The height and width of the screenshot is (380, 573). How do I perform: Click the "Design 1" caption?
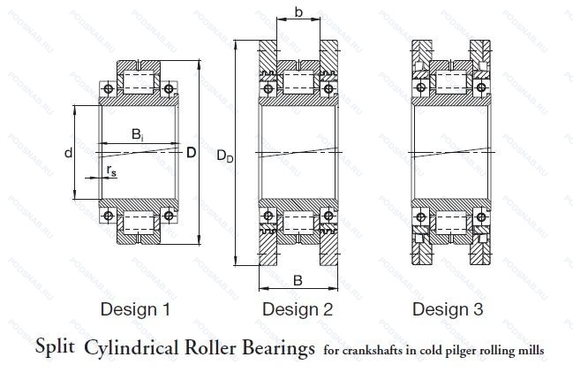[x=135, y=309]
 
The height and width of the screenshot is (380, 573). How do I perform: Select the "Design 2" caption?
[x=298, y=309]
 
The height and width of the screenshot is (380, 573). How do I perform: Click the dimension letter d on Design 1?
[x=68, y=153]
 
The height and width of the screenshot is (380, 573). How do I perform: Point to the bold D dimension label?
[x=191, y=152]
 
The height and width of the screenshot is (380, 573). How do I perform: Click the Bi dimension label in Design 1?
[x=139, y=135]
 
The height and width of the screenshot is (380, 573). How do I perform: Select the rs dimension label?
[x=110, y=170]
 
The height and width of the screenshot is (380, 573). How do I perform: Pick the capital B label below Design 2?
[x=298, y=280]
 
